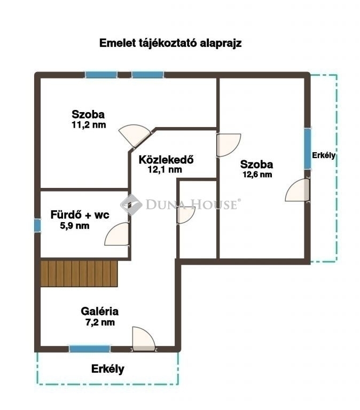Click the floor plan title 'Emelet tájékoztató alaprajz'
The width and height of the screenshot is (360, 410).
[x=170, y=43]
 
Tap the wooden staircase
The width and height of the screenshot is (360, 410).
[x=79, y=273]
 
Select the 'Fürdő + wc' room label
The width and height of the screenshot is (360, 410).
[x=80, y=215]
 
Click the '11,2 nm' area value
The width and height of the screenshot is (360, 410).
[x=89, y=125]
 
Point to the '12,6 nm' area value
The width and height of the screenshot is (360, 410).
[x=257, y=175]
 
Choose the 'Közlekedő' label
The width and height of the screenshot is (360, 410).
[x=166, y=159]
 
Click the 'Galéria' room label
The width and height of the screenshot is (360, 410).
[x=100, y=311]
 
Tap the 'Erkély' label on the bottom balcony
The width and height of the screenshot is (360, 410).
[x=108, y=369]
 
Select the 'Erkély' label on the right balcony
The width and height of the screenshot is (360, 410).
[x=324, y=155]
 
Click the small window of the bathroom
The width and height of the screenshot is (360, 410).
[x=38, y=225]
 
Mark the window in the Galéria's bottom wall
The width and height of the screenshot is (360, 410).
[x=90, y=349]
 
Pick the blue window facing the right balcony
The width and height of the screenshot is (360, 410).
[x=308, y=149]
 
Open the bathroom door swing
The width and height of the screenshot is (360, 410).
[x=117, y=234]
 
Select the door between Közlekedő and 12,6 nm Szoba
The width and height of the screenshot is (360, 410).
[x=228, y=145]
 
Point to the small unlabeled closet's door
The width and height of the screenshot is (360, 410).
[x=186, y=215]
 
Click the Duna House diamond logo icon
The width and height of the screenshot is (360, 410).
[x=131, y=204]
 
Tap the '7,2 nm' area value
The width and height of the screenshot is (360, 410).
[x=100, y=322]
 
